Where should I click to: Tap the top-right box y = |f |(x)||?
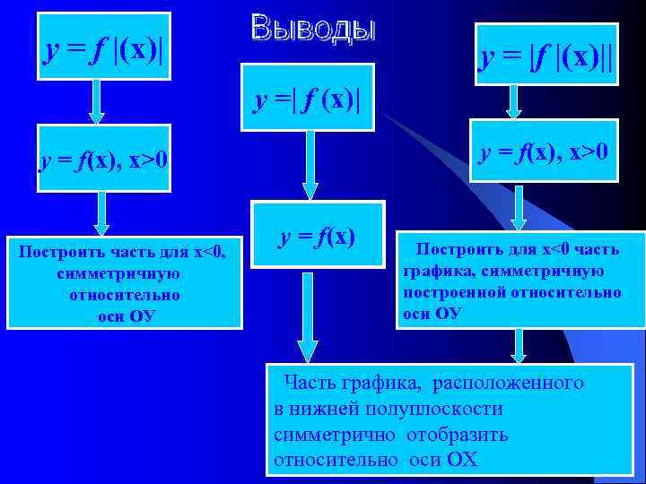(x=547, y=58)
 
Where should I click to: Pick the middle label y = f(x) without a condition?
(x=317, y=238)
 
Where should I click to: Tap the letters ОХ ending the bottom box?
(x=462, y=460)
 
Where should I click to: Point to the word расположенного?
(x=508, y=384)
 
